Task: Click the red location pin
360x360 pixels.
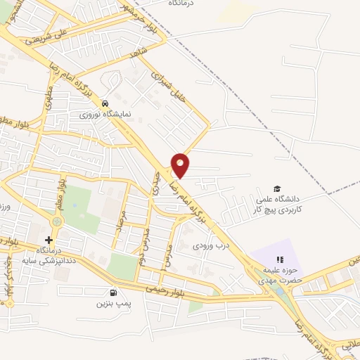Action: pyautogui.click(x=181, y=165)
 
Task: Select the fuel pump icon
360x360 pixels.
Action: pyautogui.click(x=112, y=292)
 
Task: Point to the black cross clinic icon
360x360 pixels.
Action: pyautogui.click(x=49, y=240)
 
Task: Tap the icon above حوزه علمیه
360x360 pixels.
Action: pyautogui.click(x=280, y=262)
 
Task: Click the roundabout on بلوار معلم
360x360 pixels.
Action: pyautogui.click(x=57, y=221)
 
